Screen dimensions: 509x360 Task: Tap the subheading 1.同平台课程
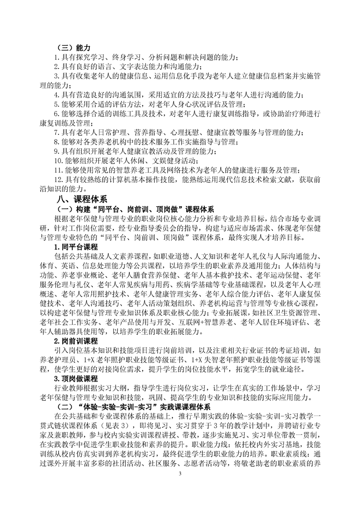tap(75, 247)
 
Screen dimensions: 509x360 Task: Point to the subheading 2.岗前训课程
tap(75, 341)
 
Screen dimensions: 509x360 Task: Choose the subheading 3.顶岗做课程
tap(75, 379)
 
